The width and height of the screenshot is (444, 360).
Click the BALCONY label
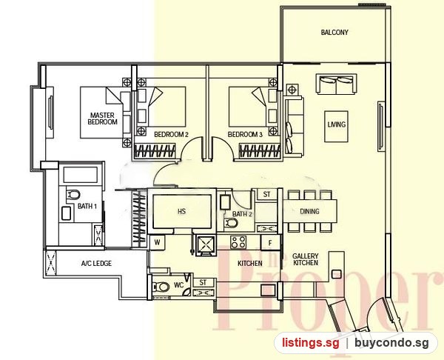click(x=334, y=33)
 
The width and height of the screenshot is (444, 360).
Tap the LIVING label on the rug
click(x=337, y=124)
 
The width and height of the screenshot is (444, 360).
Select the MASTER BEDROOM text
click(x=103, y=119)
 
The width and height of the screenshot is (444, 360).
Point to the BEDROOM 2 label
click(x=171, y=134)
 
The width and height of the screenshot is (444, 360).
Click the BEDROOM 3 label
click(x=245, y=134)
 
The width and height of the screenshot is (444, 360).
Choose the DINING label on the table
click(x=309, y=211)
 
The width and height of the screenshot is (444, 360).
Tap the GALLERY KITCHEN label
click(x=306, y=259)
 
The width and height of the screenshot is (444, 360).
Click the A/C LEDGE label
click(x=96, y=264)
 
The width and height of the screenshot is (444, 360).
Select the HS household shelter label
click(x=182, y=211)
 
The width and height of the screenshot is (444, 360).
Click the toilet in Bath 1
click(x=73, y=195)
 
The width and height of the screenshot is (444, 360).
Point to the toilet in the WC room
click(x=161, y=287)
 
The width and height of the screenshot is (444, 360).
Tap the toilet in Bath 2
click(x=232, y=223)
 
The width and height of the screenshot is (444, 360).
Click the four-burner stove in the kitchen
click(x=238, y=242)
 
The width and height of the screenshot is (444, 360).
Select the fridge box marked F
click(x=270, y=243)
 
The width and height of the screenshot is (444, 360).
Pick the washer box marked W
click(x=157, y=242)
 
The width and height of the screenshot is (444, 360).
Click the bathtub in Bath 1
click(x=81, y=175)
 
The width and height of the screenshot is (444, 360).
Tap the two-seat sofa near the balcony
click(x=337, y=84)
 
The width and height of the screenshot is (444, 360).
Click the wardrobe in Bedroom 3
click(x=260, y=150)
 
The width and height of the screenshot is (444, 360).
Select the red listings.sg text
click(x=310, y=343)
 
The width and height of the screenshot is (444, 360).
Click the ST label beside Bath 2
click(x=266, y=195)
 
